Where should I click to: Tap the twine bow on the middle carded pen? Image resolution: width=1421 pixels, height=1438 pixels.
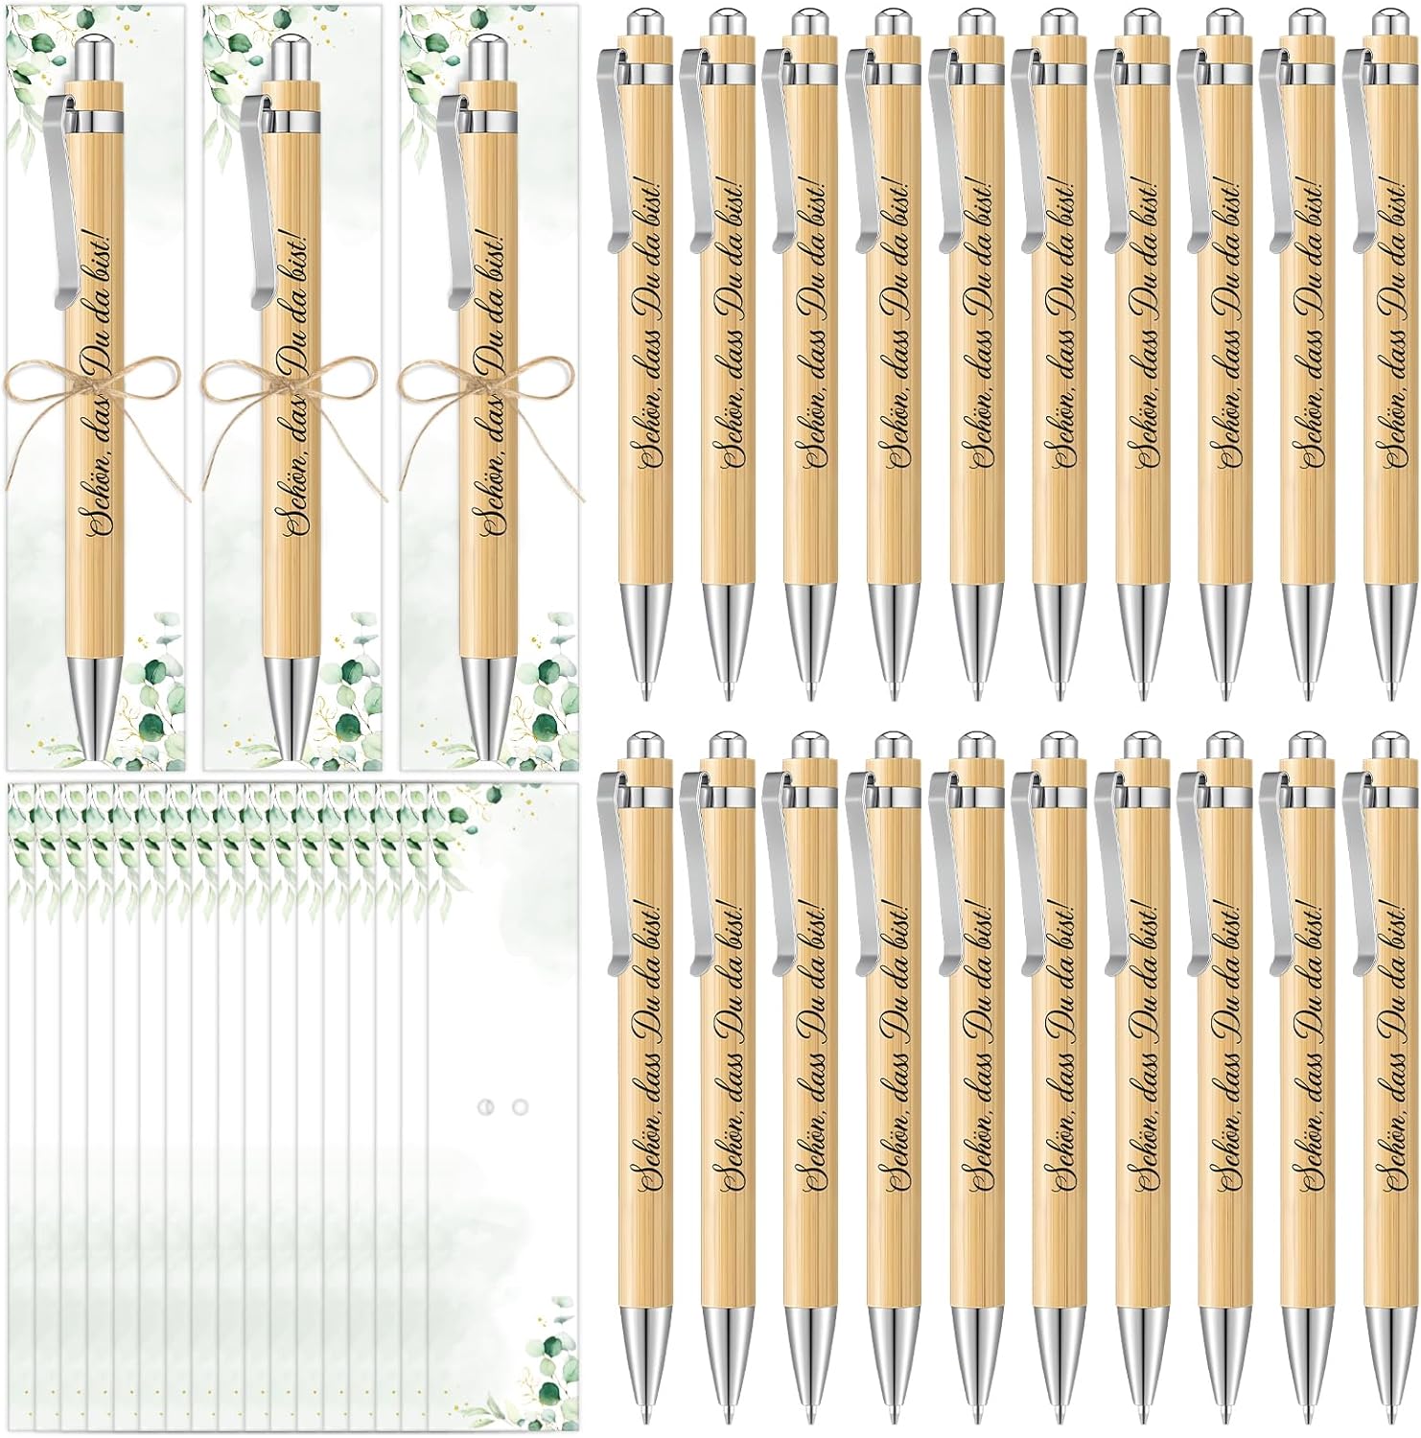point(289,383)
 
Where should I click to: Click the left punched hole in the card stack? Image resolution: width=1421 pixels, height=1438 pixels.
point(486,1107)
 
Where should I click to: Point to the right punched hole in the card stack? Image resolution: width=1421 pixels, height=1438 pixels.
point(521,1107)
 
